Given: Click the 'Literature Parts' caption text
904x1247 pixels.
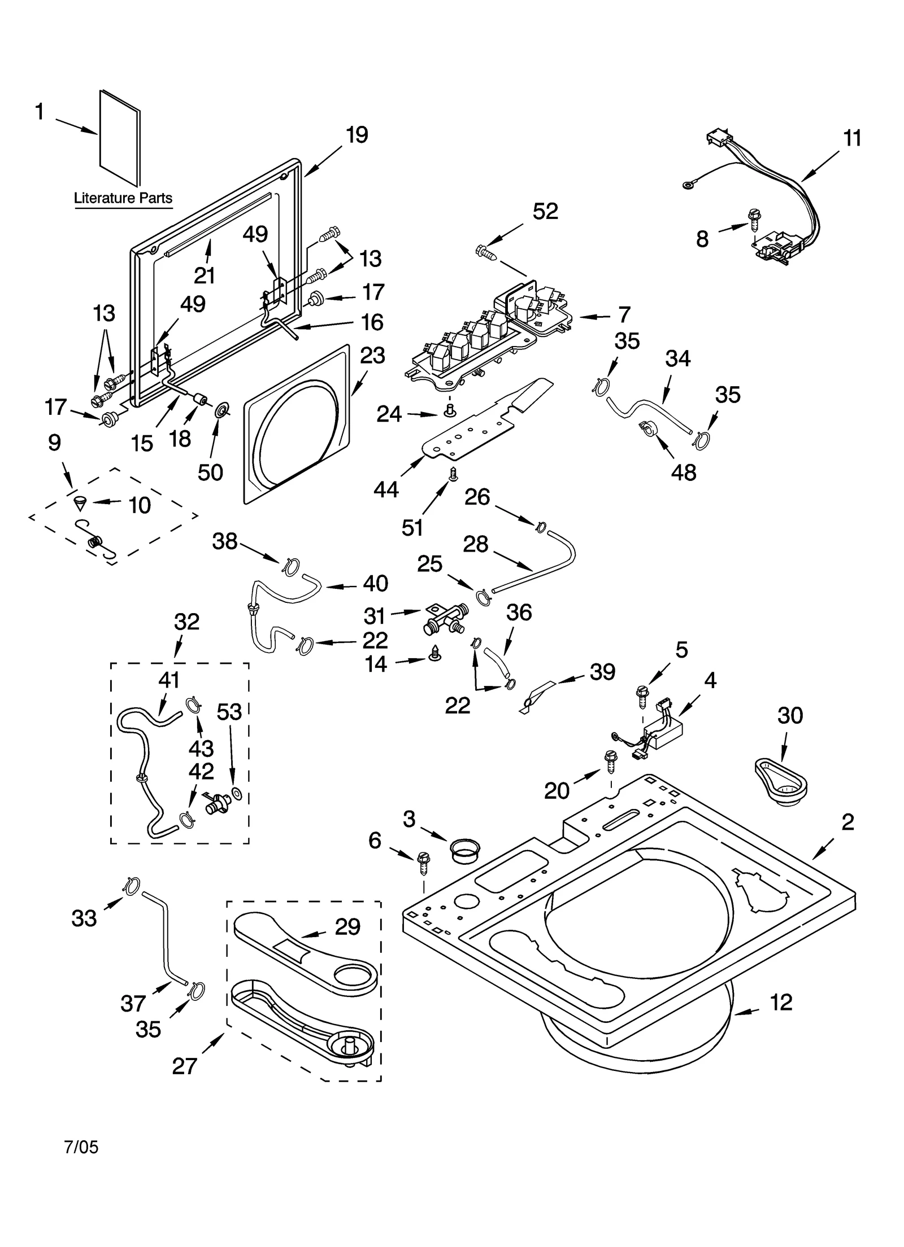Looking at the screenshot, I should pyautogui.click(x=123, y=198).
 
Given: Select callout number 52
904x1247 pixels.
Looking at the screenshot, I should pyautogui.click(x=545, y=211).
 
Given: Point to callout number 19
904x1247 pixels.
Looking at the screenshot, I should pyautogui.click(x=357, y=135).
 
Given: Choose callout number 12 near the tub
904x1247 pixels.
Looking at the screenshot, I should pyautogui.click(x=781, y=1002).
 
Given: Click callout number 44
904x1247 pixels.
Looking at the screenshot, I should pyautogui.click(x=386, y=489).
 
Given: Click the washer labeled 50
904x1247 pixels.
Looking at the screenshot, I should pyautogui.click(x=221, y=409).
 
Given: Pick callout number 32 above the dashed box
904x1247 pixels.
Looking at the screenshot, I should pyautogui.click(x=186, y=622).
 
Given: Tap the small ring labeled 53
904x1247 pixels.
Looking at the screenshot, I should pyautogui.click(x=237, y=794).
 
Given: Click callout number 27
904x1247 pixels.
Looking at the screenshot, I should pyautogui.click(x=184, y=1066).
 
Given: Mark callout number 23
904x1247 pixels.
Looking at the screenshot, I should pyautogui.click(x=372, y=356).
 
